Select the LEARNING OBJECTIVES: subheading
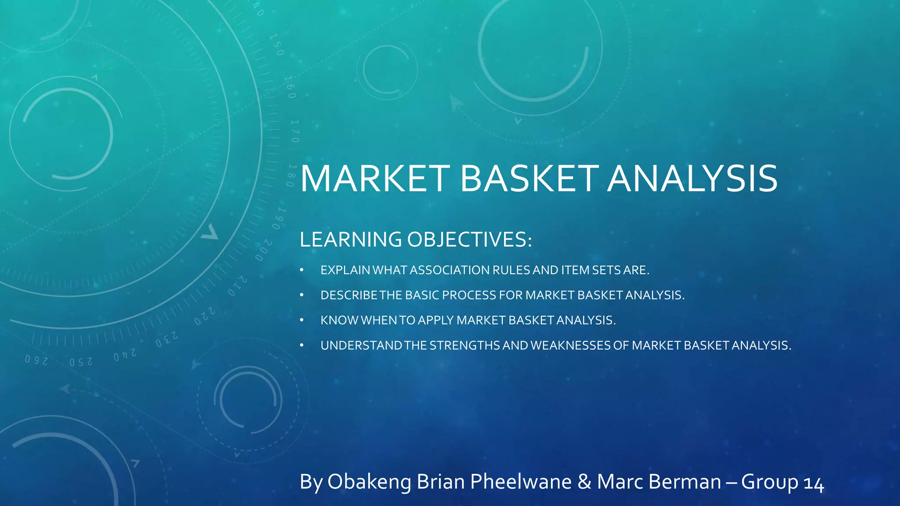coord(415,240)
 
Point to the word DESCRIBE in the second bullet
coord(349,295)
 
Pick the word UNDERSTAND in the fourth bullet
coord(361,346)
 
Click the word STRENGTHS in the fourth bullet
coord(465,346)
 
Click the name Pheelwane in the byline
coord(521,482)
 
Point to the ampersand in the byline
coord(584,482)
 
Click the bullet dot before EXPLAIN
coord(302,270)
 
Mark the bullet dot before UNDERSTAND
coord(302,346)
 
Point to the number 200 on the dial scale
coord(264,250)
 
